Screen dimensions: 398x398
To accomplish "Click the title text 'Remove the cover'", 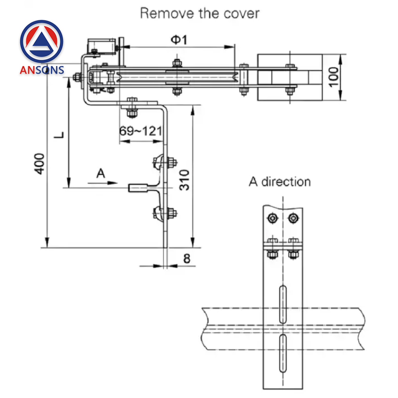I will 199,13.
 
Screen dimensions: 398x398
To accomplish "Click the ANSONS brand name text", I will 41,70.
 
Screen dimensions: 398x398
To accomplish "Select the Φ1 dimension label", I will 179,39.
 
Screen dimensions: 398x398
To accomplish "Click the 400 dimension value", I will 40,163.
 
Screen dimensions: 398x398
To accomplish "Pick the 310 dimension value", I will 184,179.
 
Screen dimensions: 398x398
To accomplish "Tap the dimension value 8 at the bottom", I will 186,259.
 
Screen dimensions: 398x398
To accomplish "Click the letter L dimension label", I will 59,136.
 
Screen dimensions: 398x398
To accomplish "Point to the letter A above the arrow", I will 101,173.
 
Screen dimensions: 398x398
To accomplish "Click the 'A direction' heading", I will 280,182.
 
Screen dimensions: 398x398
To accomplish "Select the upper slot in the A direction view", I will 283,304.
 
